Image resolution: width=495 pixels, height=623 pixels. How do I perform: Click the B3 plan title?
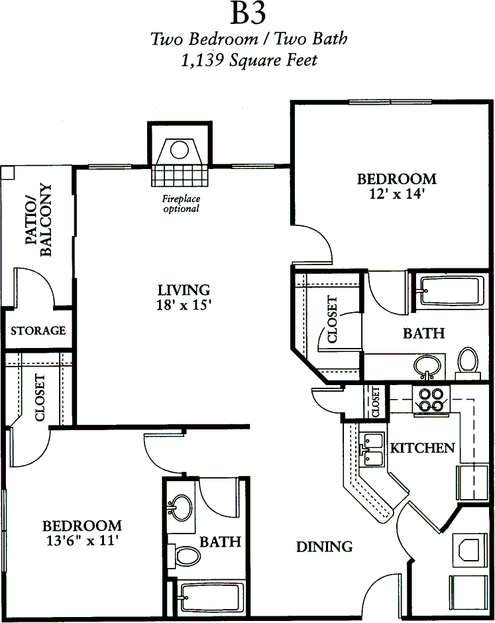248,13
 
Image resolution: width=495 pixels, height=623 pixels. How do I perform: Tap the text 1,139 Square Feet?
249,60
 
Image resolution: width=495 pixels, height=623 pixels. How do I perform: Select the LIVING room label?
184,290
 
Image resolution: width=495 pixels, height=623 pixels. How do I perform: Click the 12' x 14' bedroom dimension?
397,194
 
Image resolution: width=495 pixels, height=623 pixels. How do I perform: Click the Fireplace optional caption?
181,203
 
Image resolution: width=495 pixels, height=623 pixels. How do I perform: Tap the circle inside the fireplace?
179,150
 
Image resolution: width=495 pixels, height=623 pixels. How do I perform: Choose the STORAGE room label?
38,331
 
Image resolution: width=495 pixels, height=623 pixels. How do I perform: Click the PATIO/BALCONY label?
38,220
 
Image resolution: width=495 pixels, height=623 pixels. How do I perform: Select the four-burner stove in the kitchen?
431,400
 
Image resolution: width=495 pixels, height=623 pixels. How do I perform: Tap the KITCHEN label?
422,448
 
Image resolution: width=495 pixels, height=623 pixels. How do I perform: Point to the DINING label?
325,547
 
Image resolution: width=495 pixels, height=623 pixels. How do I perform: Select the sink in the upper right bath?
427,367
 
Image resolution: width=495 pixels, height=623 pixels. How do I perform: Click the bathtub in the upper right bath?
451,291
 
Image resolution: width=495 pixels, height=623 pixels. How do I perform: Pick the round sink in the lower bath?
181,508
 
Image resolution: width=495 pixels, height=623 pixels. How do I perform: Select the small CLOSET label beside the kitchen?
376,401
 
